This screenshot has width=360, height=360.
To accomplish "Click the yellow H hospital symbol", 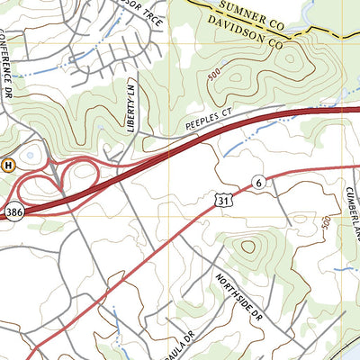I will point(8,165).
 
